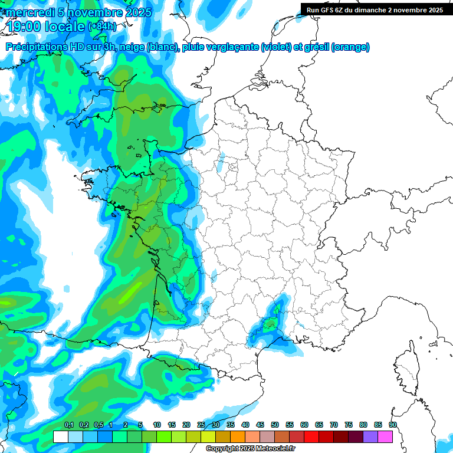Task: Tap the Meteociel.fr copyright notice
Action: [x=250, y=449]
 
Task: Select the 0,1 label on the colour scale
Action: [x=69, y=425]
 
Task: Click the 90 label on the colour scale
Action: [x=392, y=425]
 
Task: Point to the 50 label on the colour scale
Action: [x=275, y=425]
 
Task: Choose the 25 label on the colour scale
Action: [x=201, y=425]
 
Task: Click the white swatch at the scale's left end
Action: [x=60, y=436]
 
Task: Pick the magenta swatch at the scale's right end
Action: [x=385, y=436]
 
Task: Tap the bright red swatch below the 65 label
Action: [x=311, y=436]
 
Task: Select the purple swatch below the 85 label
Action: [x=370, y=436]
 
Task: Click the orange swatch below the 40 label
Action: [x=238, y=436]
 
